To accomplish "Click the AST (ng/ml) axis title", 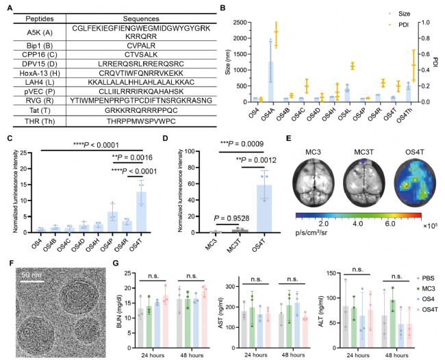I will pyautogui.click(x=234, y=302).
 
